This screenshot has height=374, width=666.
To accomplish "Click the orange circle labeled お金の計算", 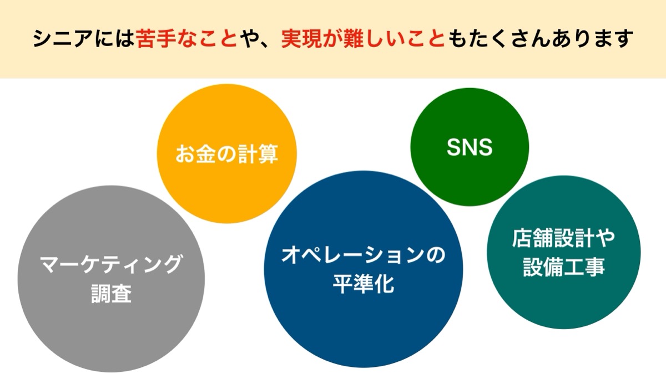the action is [x=227, y=153].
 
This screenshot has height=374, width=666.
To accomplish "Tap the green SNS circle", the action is [x=470, y=147].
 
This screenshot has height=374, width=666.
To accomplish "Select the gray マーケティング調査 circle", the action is [x=111, y=279].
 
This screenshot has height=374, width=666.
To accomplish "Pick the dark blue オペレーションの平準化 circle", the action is [x=364, y=269].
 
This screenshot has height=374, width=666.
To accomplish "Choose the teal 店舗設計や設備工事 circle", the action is [x=564, y=252].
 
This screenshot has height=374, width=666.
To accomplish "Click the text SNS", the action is [x=470, y=147].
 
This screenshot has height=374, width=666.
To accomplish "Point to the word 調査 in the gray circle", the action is [x=111, y=294].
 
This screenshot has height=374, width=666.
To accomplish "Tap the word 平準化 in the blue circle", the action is [x=364, y=284].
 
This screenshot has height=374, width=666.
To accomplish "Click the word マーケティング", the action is [x=110, y=264].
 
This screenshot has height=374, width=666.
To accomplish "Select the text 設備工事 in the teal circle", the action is [x=564, y=267].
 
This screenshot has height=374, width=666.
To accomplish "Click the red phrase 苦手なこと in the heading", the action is [x=186, y=39].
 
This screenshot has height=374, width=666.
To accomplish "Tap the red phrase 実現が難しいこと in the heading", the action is [x=363, y=39].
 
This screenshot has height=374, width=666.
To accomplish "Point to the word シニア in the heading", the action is [x=63, y=39].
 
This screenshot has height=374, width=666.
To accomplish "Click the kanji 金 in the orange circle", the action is [x=206, y=154].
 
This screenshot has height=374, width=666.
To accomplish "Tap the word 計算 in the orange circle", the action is [x=258, y=154].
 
